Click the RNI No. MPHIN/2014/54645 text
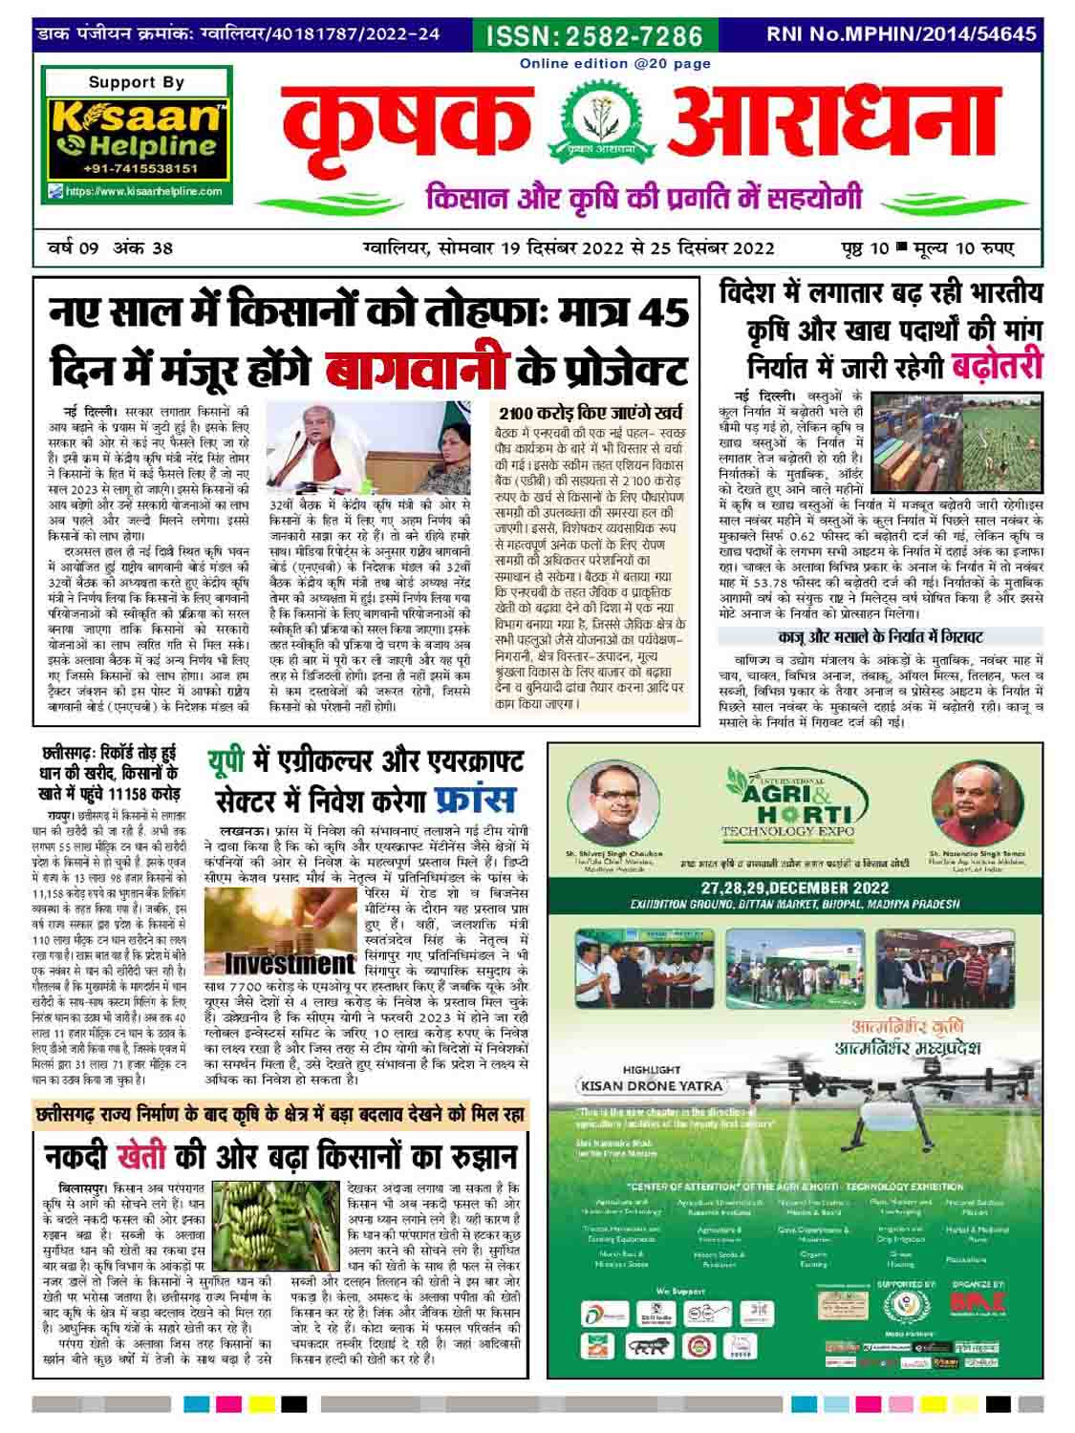(901, 34)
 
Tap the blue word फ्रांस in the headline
(474, 798)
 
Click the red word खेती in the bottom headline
(140, 1155)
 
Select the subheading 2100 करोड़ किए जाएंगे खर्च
(591, 414)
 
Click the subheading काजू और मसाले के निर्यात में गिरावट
(880, 635)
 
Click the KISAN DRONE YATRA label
(649, 1085)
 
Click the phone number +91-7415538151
(138, 168)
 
